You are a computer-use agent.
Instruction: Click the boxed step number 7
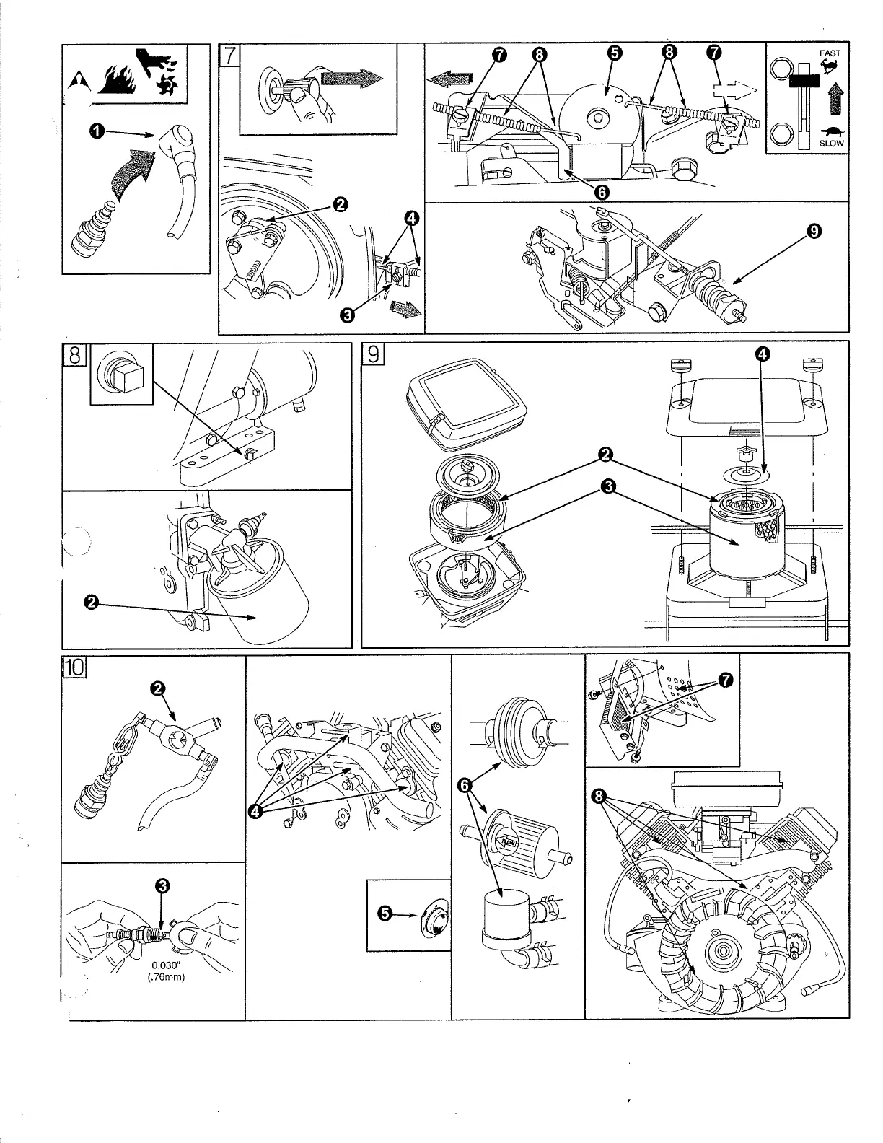228,56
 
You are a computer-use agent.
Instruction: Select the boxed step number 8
74,355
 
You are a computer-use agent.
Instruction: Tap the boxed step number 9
373,354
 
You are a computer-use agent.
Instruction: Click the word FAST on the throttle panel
830,53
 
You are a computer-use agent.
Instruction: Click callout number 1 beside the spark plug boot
95,131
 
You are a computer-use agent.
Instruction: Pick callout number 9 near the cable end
814,232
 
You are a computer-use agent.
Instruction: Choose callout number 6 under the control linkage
601,191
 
